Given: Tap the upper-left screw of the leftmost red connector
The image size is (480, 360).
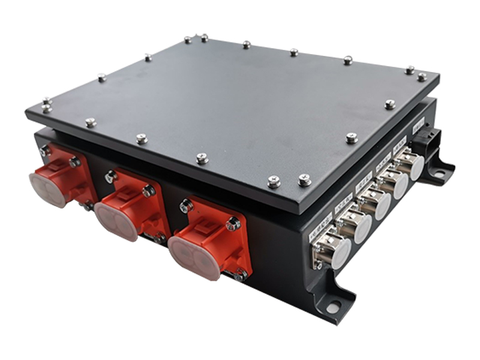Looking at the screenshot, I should point(45,151).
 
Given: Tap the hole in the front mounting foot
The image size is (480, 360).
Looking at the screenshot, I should point(332,307).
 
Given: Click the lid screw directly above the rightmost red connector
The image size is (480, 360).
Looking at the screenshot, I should point(203,158).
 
